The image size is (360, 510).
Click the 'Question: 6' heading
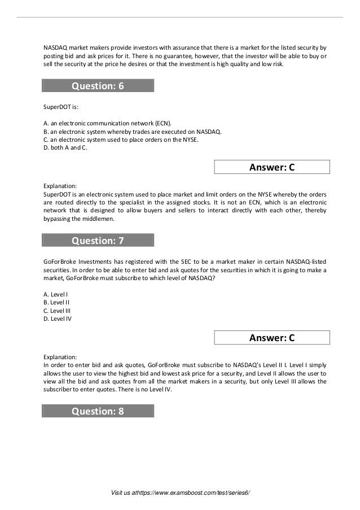click(98, 86)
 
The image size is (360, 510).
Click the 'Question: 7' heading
click(98, 241)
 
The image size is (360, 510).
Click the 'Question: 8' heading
click(98, 411)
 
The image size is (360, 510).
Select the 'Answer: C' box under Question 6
click(272, 167)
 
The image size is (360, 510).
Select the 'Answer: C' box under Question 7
click(272, 338)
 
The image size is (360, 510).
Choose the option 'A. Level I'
click(55, 294)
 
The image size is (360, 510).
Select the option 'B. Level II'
click(56, 302)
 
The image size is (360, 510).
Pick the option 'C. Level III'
click(57, 310)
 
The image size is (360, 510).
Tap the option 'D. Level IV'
click(57, 319)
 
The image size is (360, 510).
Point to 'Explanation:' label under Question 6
click(60, 185)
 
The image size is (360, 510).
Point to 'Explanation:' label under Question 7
click(60, 356)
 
